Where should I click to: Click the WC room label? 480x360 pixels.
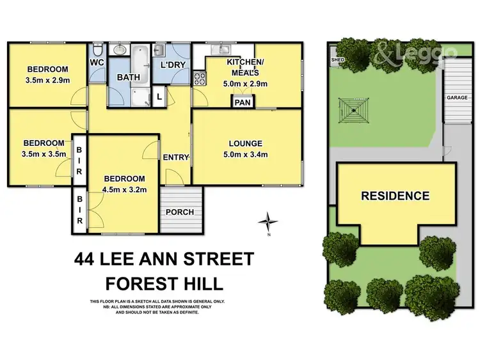(x=97, y=62)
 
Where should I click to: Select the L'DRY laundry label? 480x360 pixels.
(x=172, y=65)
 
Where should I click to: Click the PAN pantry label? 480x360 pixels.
(x=243, y=102)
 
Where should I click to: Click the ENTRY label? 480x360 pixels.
(x=175, y=157)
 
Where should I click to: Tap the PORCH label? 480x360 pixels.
(x=180, y=212)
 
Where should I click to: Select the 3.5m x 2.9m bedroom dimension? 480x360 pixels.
(x=48, y=80)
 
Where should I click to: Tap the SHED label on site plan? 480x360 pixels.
(x=337, y=60)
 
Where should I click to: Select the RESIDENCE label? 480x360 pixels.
(x=395, y=196)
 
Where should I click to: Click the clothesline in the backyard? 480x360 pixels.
(x=352, y=110)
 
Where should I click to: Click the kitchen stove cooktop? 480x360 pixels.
(x=199, y=80)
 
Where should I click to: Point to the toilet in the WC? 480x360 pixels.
(x=97, y=50)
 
